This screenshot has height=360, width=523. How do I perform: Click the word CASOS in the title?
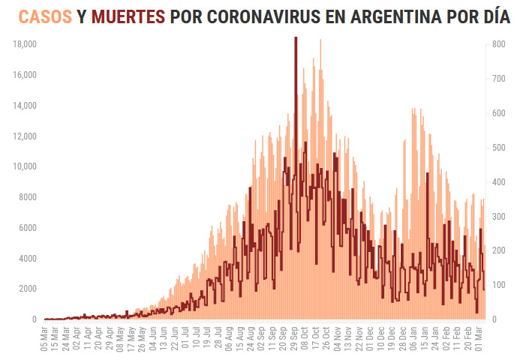[x=45, y=16]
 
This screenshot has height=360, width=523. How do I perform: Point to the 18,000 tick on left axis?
[x=26, y=44]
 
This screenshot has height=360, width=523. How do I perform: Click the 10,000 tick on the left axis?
[x=26, y=166]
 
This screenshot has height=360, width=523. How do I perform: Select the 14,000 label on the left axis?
[x=26, y=105]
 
